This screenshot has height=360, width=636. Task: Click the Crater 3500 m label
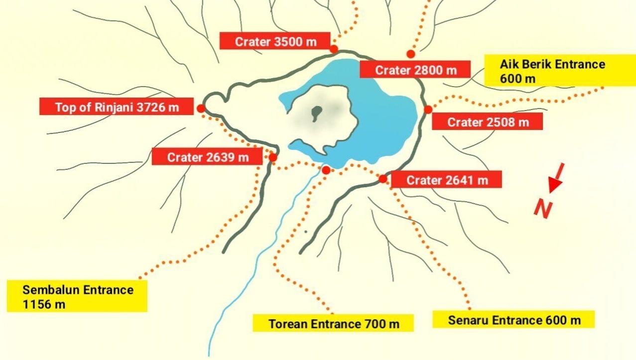pos(275,41)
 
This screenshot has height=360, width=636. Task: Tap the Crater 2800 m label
pos(415,70)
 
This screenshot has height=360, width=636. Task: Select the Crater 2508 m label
pos(488,121)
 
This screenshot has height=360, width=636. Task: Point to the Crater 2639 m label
pos(207,157)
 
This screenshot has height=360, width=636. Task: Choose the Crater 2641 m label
pos(447,180)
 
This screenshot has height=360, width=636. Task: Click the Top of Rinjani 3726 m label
pos(117,107)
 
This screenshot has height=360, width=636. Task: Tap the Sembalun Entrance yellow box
pos(78,296)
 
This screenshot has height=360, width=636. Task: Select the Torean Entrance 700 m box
pos(334,324)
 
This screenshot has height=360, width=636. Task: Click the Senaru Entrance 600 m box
pos(514,320)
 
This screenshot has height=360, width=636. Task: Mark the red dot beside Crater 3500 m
pos(334,49)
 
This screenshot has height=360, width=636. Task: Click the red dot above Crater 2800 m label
pos(411,54)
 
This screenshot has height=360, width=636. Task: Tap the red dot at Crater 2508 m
pos(428,110)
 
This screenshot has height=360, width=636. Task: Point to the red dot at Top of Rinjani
pos(200,109)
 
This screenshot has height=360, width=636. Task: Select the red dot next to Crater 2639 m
pos(273,158)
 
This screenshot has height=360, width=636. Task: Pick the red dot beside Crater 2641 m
pos(383,179)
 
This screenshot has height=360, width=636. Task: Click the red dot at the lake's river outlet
pos(326,170)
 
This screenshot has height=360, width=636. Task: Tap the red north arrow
pos(556,178)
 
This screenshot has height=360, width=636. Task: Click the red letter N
pos(543,208)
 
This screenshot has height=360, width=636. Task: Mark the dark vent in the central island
pos(316,114)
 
